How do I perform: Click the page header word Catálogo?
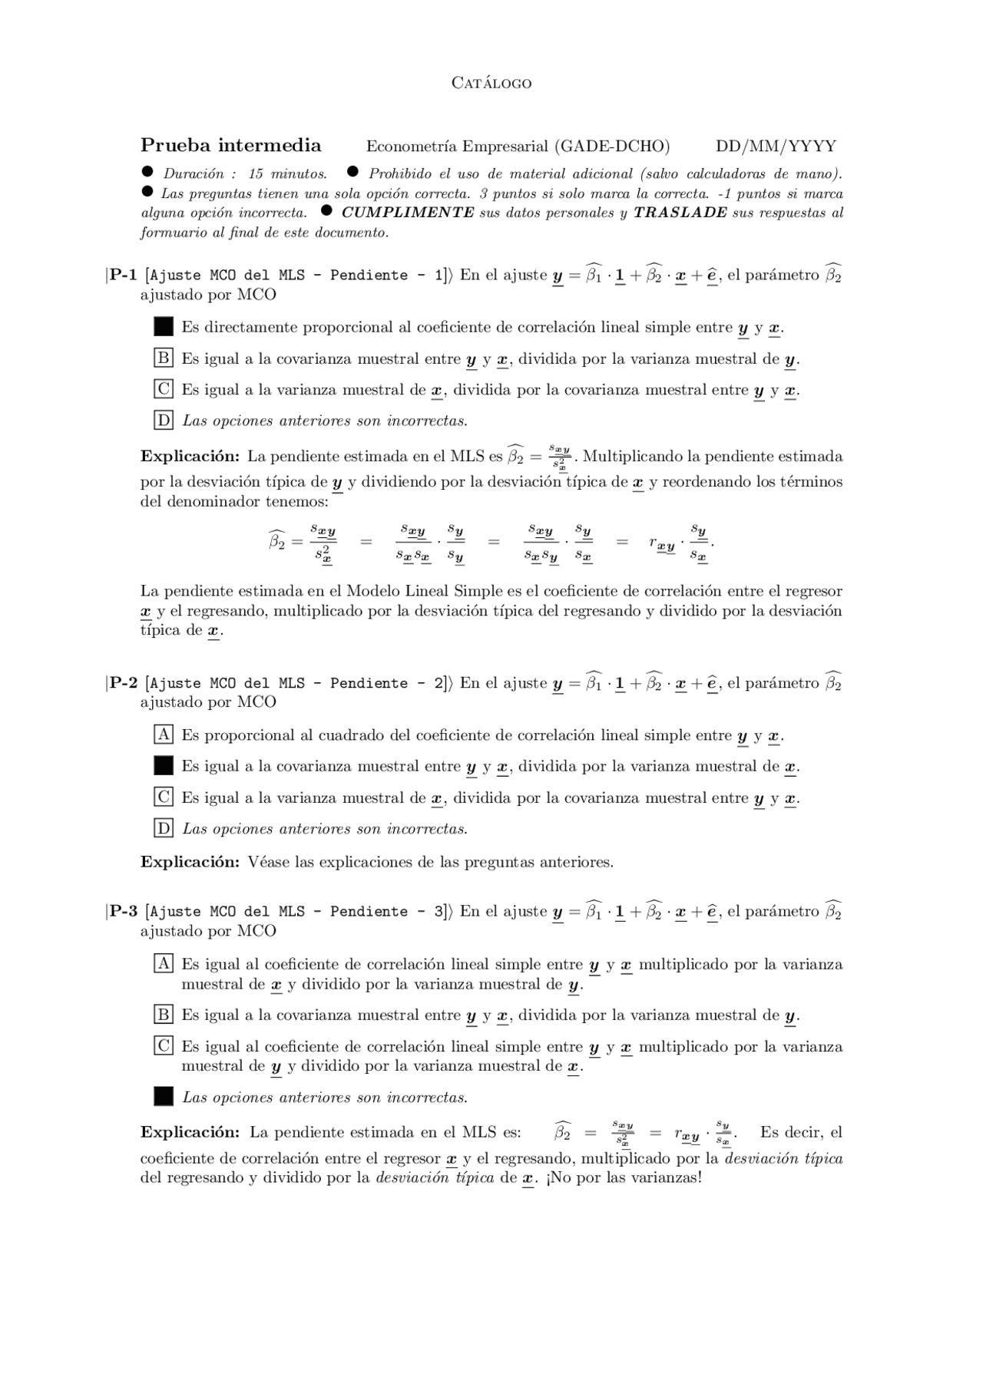(491, 83)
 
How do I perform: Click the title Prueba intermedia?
(230, 145)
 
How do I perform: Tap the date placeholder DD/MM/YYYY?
(776, 146)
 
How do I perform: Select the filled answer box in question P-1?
(164, 326)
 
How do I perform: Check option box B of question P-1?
(164, 358)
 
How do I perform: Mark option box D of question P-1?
(164, 420)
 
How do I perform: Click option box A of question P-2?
(164, 735)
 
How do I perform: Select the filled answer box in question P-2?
(164, 765)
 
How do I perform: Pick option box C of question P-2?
(164, 797)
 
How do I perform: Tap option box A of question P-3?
(164, 963)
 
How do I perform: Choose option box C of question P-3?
(164, 1045)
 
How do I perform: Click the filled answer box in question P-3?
(164, 1096)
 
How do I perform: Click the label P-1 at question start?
(123, 275)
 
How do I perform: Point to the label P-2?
(123, 682)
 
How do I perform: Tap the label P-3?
(123, 911)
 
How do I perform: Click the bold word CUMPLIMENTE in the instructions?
(408, 213)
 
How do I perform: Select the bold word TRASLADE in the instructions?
(680, 213)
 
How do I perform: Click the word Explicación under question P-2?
(190, 861)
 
